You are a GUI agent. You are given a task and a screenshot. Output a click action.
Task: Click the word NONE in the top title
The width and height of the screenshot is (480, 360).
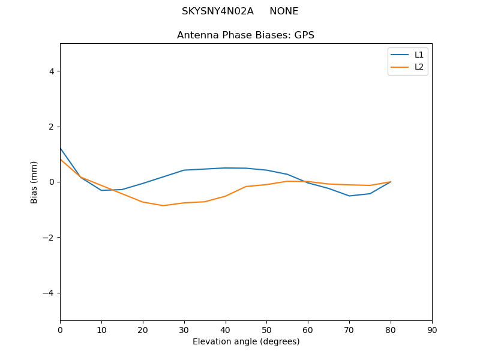[284, 11]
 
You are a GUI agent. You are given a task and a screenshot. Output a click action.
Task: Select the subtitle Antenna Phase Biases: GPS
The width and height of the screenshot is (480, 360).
[245, 35]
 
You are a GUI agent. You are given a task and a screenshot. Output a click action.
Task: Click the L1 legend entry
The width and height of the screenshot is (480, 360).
[419, 55]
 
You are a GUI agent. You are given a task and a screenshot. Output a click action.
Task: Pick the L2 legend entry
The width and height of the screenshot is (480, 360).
[419, 67]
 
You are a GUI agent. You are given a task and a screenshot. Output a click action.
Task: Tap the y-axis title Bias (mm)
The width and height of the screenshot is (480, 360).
[34, 182]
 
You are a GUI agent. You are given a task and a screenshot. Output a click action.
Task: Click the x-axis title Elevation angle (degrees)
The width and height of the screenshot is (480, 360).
[245, 341]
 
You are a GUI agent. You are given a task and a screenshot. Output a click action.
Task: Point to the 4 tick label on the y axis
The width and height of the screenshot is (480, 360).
[51, 71]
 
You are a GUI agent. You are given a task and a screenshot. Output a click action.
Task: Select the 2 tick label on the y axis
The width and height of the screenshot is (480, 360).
[51, 127]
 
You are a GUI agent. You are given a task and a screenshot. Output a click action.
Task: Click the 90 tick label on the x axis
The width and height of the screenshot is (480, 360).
[431, 329]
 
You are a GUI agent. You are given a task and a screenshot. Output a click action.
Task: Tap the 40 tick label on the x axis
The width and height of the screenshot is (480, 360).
[225, 329]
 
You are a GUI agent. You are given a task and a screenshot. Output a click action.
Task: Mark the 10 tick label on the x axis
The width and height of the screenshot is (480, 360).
[101, 329]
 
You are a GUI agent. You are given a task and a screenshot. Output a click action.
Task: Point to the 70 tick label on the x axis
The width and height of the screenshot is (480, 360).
[349, 329]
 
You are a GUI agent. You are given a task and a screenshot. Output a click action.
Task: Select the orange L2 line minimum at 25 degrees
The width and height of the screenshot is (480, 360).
[163, 206]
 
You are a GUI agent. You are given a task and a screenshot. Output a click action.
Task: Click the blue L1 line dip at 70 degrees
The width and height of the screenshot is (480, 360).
[349, 196]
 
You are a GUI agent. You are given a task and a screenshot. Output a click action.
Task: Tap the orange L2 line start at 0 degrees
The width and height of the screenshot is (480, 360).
[61, 160]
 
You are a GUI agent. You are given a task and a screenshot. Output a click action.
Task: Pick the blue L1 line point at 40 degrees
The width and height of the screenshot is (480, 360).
[225, 168]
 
